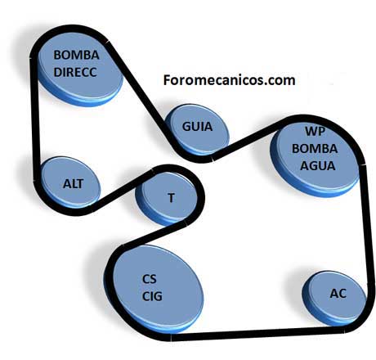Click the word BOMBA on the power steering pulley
point(76,55)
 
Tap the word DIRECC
point(75,72)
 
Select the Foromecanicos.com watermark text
point(229,80)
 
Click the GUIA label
point(197,127)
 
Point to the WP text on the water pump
point(316,132)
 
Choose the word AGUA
point(317,166)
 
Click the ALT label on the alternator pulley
point(73,184)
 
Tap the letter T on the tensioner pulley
point(171,198)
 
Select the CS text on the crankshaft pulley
point(150,279)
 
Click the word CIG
point(152,296)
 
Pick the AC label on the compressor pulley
point(338,294)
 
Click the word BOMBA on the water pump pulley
point(315,149)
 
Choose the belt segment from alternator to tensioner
point(123,191)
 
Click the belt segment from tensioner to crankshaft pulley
point(154,235)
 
